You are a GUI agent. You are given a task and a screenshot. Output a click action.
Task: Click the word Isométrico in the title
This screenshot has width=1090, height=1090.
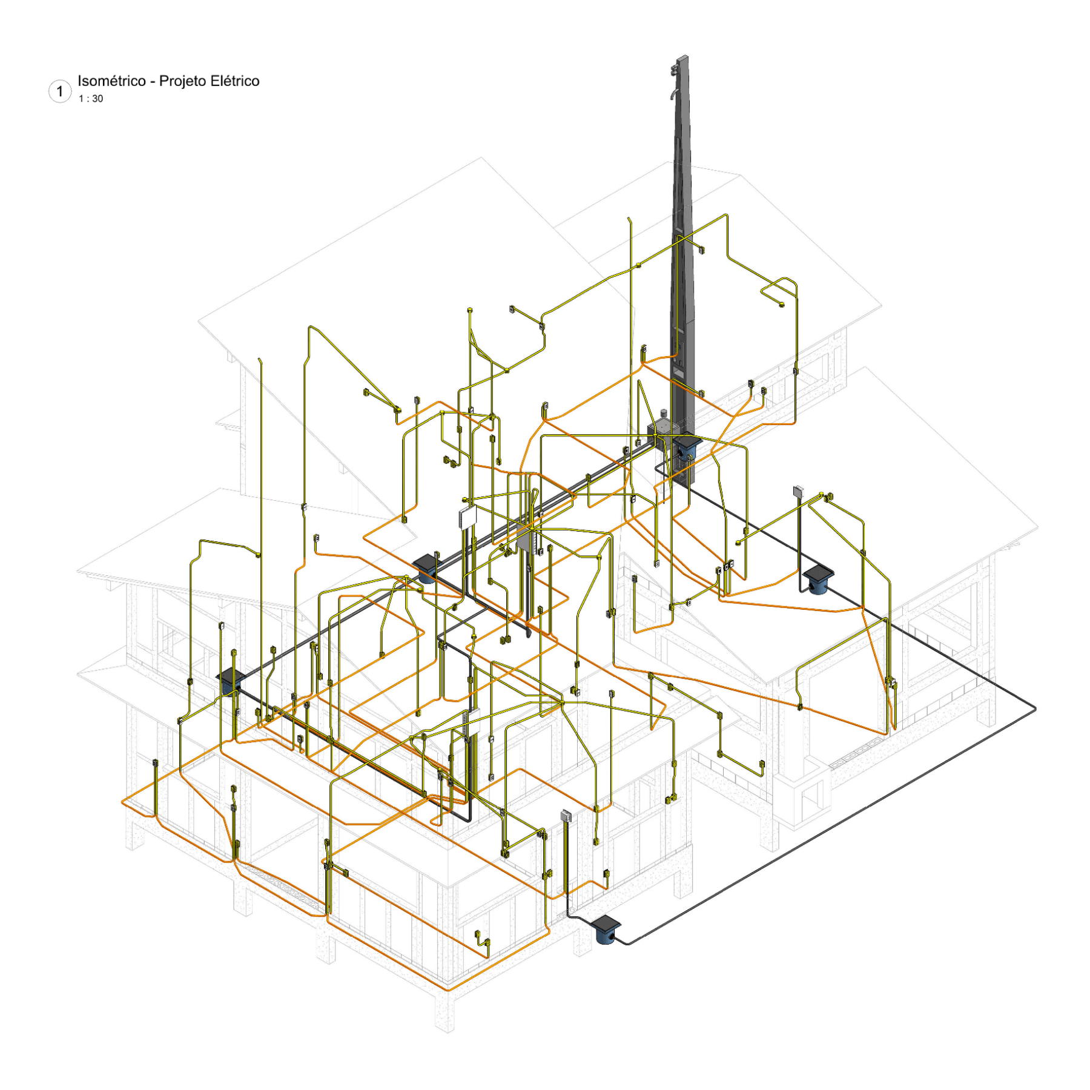pos(111,81)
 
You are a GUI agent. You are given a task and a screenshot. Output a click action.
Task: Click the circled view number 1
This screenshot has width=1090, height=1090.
pos(59,91)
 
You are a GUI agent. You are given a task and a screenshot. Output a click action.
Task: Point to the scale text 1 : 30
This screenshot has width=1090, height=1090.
pos(90,99)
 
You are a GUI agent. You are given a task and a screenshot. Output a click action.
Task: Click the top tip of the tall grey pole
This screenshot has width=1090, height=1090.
pos(682,56)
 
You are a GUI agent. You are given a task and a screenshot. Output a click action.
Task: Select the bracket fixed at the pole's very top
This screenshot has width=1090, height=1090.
pos(675,68)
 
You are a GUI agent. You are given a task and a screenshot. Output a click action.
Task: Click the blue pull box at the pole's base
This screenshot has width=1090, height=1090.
pos(686,448)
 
